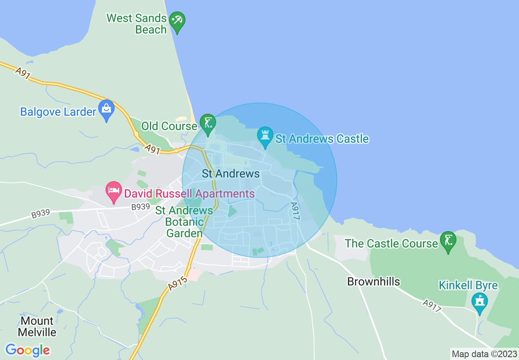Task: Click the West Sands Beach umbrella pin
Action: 177,20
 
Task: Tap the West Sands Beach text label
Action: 137,24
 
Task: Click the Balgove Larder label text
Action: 58,112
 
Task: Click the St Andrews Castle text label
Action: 322,139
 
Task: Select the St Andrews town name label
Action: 231,174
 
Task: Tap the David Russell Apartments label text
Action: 189,193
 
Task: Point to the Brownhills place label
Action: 373,281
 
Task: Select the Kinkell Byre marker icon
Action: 479,302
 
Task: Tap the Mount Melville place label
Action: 37,326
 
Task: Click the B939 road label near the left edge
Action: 40,214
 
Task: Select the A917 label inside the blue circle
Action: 295,211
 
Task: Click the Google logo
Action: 28,350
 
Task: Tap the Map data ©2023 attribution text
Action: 484,354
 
